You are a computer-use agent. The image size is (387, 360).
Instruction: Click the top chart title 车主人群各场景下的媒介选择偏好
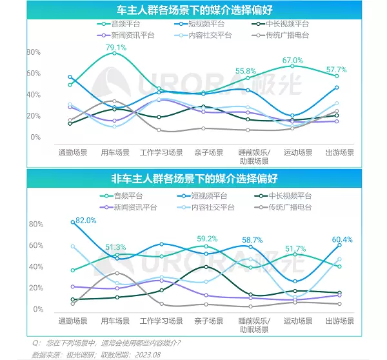[194, 10]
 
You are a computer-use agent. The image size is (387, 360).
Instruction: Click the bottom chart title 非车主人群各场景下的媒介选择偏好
[194, 177]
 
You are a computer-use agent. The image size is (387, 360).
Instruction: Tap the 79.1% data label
[115, 47]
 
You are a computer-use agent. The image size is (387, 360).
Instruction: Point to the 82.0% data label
[86, 220]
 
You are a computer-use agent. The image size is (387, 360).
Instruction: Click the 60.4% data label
[342, 240]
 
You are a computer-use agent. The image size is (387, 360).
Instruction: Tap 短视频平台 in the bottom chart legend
[205, 195]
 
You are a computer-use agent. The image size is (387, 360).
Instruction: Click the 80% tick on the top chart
[34, 52]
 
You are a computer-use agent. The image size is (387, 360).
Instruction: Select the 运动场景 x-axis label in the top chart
[297, 153]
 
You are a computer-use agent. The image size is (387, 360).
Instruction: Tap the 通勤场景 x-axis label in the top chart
[72, 153]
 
